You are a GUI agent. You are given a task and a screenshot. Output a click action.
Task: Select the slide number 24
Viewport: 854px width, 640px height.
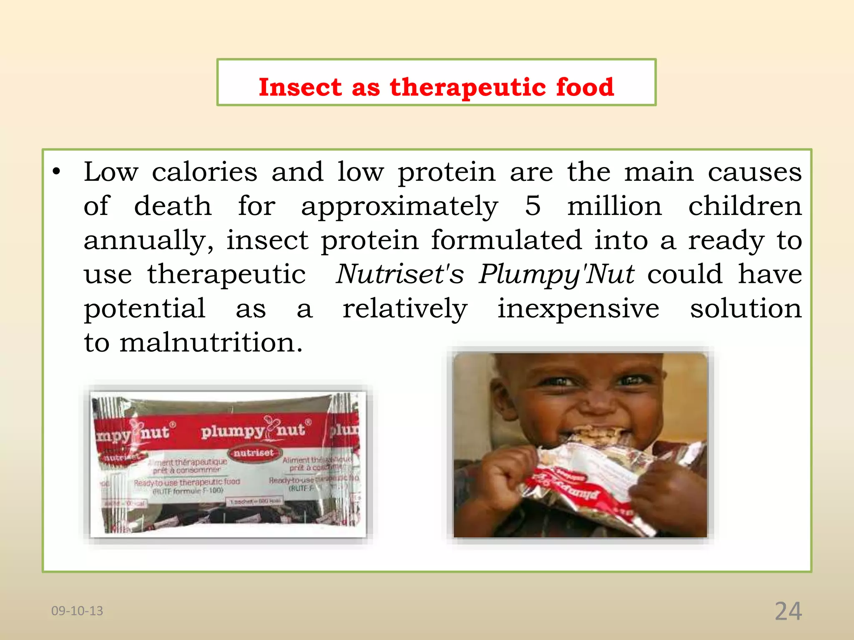[x=788, y=611]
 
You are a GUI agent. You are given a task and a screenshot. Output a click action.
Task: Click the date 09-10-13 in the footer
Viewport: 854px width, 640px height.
[x=77, y=611]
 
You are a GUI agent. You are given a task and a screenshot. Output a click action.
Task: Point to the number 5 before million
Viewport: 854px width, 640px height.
[x=532, y=206]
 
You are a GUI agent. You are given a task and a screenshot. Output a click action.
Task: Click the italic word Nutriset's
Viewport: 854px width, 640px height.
[x=400, y=274]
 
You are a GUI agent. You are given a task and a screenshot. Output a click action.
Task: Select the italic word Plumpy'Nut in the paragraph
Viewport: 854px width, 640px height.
[x=557, y=274]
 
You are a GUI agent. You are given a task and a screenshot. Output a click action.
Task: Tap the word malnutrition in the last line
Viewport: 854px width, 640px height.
[x=211, y=342]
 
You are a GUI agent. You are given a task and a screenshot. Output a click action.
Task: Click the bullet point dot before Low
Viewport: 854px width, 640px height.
[x=56, y=172]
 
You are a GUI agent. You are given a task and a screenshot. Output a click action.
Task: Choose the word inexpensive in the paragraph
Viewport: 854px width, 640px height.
[x=578, y=308]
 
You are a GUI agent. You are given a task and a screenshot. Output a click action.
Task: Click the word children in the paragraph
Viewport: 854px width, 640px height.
[x=745, y=206]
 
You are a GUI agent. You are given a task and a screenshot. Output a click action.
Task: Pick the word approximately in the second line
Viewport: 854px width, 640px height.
[x=399, y=207]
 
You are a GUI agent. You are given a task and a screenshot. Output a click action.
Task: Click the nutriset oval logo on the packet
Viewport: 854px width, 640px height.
[x=254, y=453]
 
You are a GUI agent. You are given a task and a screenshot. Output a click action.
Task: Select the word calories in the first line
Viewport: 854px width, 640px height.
[x=204, y=172]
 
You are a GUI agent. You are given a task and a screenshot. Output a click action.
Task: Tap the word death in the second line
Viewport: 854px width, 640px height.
[x=173, y=206]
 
